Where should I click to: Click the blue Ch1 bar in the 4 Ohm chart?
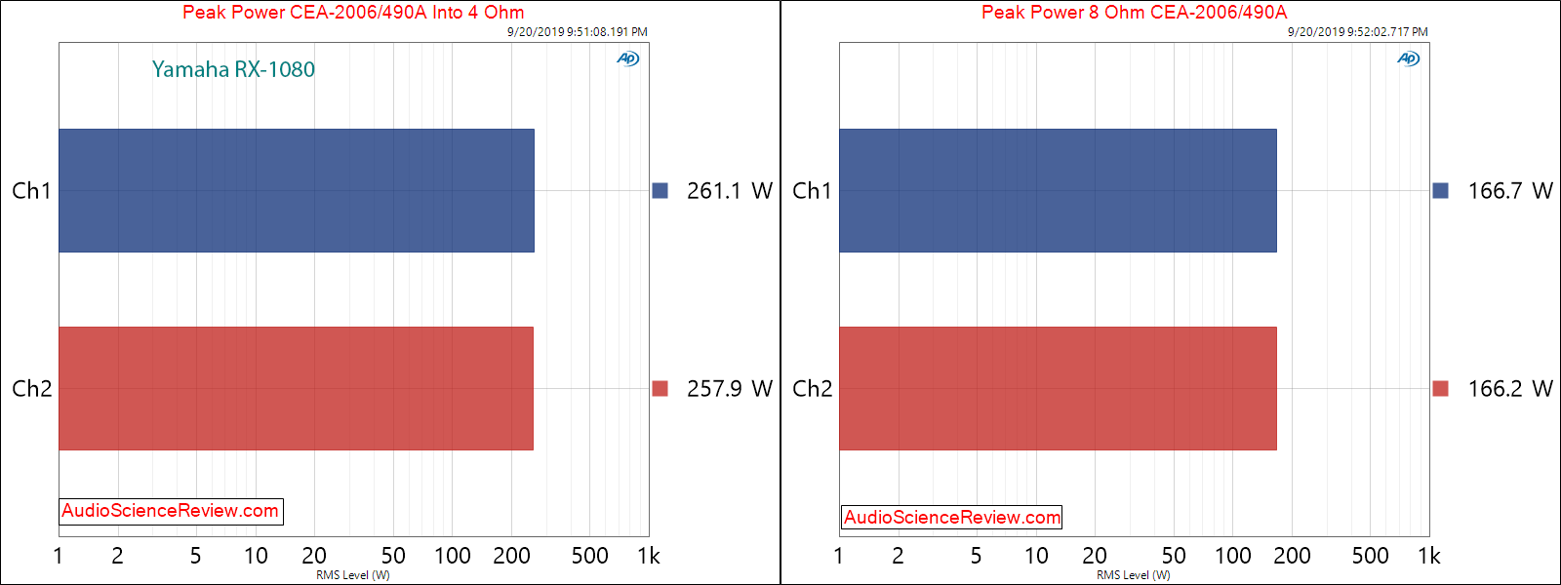coord(296,190)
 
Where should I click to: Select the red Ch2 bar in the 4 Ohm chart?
coord(296,388)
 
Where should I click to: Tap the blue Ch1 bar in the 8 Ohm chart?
coord(1058,190)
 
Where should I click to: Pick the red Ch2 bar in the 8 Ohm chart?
coord(1058,388)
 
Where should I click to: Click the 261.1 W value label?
coord(729,191)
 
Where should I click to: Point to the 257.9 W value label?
coord(729,389)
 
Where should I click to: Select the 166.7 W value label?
coord(1509,191)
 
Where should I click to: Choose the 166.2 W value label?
coord(1509,389)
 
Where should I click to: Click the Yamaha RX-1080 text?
coord(233,69)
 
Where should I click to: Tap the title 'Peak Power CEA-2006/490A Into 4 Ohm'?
coord(353,13)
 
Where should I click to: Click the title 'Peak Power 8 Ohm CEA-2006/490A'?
coord(1134,13)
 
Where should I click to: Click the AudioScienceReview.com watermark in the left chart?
coord(171,511)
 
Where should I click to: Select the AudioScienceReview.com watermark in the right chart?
coord(951,518)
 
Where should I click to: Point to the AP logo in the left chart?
coord(627,58)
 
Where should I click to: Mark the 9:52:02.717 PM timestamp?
coord(1357,32)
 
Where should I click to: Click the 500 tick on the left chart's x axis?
coord(589,556)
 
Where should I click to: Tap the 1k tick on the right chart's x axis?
coord(1428,556)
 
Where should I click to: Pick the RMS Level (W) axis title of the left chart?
coord(353,575)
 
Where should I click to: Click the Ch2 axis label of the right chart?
coord(812,389)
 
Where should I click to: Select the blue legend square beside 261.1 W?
coord(660,191)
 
